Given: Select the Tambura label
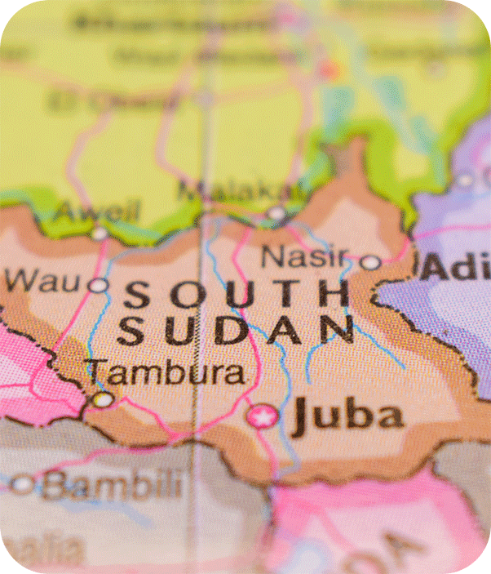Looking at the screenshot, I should click(166, 372).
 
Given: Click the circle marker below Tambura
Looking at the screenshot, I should click(103, 399).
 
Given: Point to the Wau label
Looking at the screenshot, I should click(44, 282).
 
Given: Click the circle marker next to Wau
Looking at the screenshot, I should click(98, 285).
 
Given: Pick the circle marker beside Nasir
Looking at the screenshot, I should click(370, 262).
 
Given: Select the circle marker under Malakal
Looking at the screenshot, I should click(276, 214).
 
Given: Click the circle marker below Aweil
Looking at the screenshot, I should click(99, 234).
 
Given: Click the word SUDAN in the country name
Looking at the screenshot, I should click(237, 330).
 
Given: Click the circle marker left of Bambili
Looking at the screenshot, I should click(23, 485).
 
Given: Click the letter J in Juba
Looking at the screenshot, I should click(304, 416).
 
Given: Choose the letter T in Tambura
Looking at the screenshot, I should click(99, 372).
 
